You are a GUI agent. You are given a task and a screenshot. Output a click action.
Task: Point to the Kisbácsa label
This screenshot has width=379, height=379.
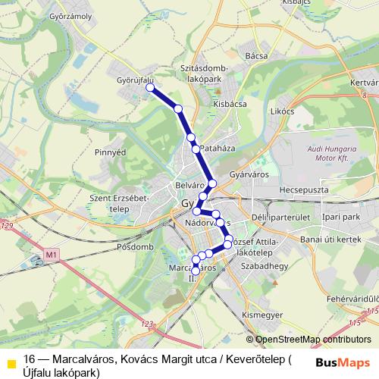(230, 104)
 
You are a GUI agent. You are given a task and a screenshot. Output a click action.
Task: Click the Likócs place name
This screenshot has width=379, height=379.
(282, 111)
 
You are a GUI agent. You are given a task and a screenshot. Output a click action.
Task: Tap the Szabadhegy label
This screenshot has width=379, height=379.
(260, 267)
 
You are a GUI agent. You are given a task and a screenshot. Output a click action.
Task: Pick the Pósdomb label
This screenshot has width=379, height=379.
(136, 247)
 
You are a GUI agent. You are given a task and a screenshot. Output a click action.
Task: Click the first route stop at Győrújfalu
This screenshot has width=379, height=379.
(150, 88)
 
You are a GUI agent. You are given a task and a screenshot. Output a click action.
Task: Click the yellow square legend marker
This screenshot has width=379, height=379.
(11, 362)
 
